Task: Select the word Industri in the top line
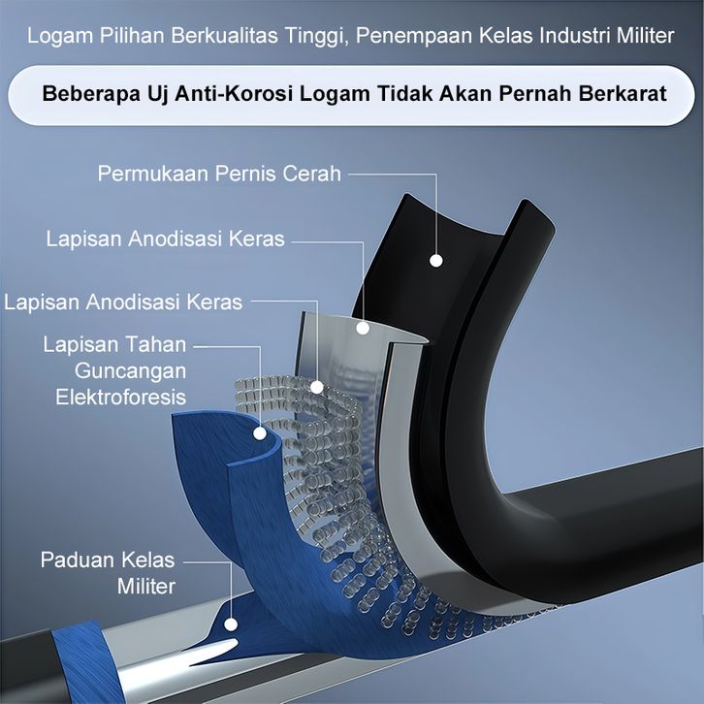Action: (570, 37)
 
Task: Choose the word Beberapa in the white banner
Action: (81, 95)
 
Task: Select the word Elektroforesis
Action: (120, 397)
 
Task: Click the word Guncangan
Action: (131, 370)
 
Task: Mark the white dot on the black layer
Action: (436, 260)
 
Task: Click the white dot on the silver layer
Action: (364, 328)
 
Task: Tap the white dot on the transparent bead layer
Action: (316, 386)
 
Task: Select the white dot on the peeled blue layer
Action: (259, 433)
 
